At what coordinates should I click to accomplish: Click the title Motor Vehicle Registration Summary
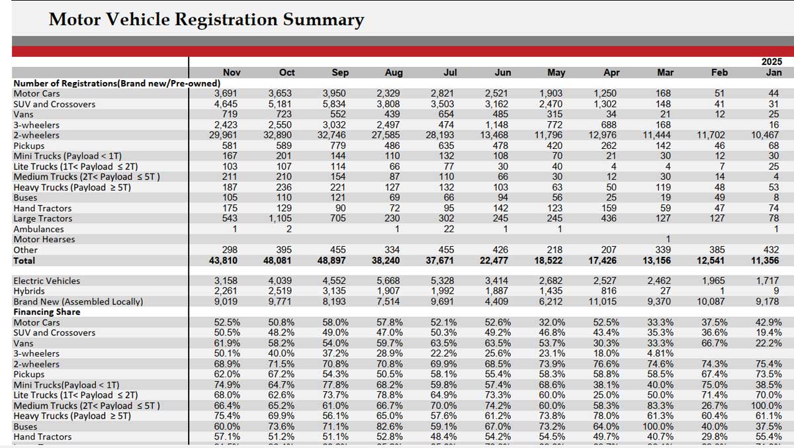tap(206, 19)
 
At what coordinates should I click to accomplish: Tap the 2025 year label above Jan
tap(772, 62)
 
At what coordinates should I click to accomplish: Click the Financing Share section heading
tap(46, 312)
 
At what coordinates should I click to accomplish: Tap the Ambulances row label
tap(38, 229)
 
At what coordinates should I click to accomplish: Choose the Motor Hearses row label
tap(44, 240)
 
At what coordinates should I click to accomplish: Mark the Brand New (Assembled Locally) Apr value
tap(603, 302)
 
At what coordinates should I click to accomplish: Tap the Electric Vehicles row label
tap(46, 281)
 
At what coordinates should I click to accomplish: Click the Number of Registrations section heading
tap(117, 83)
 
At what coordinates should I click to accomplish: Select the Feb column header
tap(719, 73)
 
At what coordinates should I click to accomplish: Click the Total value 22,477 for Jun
tap(498, 260)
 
